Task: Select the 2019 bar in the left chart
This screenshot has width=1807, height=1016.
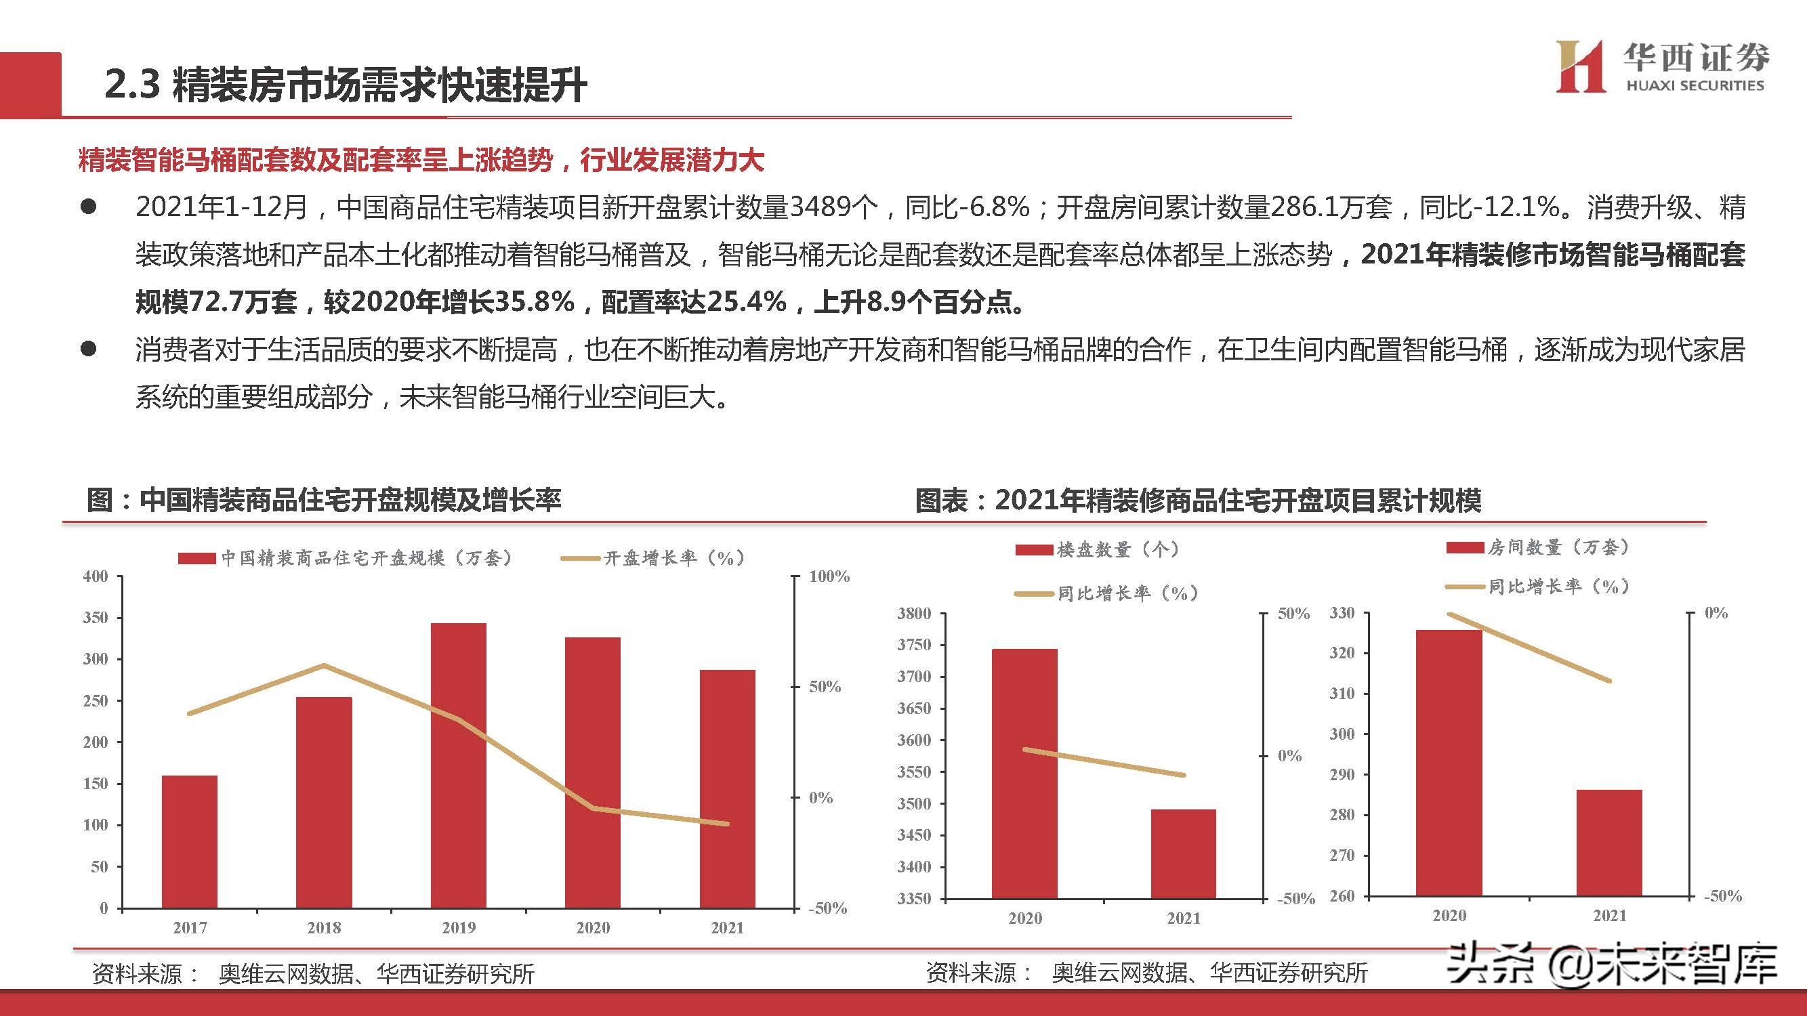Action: (458, 764)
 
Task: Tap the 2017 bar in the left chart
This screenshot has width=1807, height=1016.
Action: (190, 841)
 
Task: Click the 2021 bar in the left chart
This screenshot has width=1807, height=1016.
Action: (728, 789)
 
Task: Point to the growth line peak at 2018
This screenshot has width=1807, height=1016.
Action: (323, 665)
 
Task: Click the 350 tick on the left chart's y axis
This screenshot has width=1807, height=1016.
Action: (96, 618)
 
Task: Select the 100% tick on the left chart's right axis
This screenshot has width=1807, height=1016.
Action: (829, 576)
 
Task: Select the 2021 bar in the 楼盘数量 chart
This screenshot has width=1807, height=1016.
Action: (1184, 853)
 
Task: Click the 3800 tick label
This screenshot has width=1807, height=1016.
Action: (914, 614)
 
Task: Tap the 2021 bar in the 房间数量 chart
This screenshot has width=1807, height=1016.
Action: (1609, 842)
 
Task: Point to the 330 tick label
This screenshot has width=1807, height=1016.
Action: (1342, 613)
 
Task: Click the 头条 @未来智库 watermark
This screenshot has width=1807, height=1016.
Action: (1613, 965)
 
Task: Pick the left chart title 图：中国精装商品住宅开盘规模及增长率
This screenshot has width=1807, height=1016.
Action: (323, 500)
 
